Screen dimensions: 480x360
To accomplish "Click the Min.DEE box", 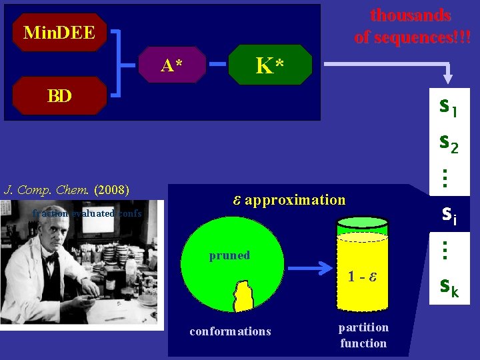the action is tap(59, 32).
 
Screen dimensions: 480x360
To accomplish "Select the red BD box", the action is tap(59, 95).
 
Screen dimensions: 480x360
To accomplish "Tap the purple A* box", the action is tap(173, 65).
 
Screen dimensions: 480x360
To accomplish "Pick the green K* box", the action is tap(270, 65).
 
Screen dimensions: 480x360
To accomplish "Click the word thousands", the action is tap(411, 15).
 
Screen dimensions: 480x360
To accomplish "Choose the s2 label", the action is tap(448, 143).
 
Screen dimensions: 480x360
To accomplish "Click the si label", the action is tap(448, 213).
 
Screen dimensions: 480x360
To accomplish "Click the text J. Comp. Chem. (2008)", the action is tap(66, 189).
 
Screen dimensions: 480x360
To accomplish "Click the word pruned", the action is tap(229, 255).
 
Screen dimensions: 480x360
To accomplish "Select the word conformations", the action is tap(230, 331).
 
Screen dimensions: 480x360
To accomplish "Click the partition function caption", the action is tap(363, 335).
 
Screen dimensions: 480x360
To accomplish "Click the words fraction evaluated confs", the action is tap(87, 213).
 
